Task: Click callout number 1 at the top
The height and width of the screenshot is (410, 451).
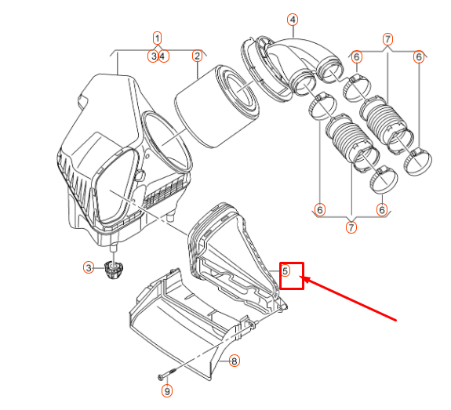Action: coord(157,38)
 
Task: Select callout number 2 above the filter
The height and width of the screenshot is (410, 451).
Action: coord(197,56)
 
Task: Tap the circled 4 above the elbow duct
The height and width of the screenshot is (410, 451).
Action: coord(293,19)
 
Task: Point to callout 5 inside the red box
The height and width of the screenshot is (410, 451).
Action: coord(286,271)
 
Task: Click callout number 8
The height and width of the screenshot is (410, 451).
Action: coord(234,361)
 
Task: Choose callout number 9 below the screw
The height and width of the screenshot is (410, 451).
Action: coord(166,390)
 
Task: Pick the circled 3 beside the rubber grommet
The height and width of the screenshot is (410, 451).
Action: coord(89,268)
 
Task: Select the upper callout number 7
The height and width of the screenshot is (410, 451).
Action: coord(387,38)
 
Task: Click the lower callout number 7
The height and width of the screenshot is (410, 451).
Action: coord(351,227)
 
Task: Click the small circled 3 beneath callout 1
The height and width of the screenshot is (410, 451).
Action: coord(153,56)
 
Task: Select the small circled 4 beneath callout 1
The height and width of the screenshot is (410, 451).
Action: coord(163,56)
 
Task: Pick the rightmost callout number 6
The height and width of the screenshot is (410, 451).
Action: coord(419,56)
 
